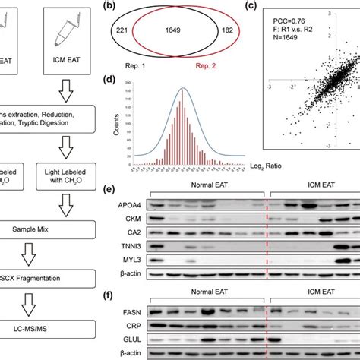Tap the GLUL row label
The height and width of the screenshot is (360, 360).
point(134,341)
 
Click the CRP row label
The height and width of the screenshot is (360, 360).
point(135,327)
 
